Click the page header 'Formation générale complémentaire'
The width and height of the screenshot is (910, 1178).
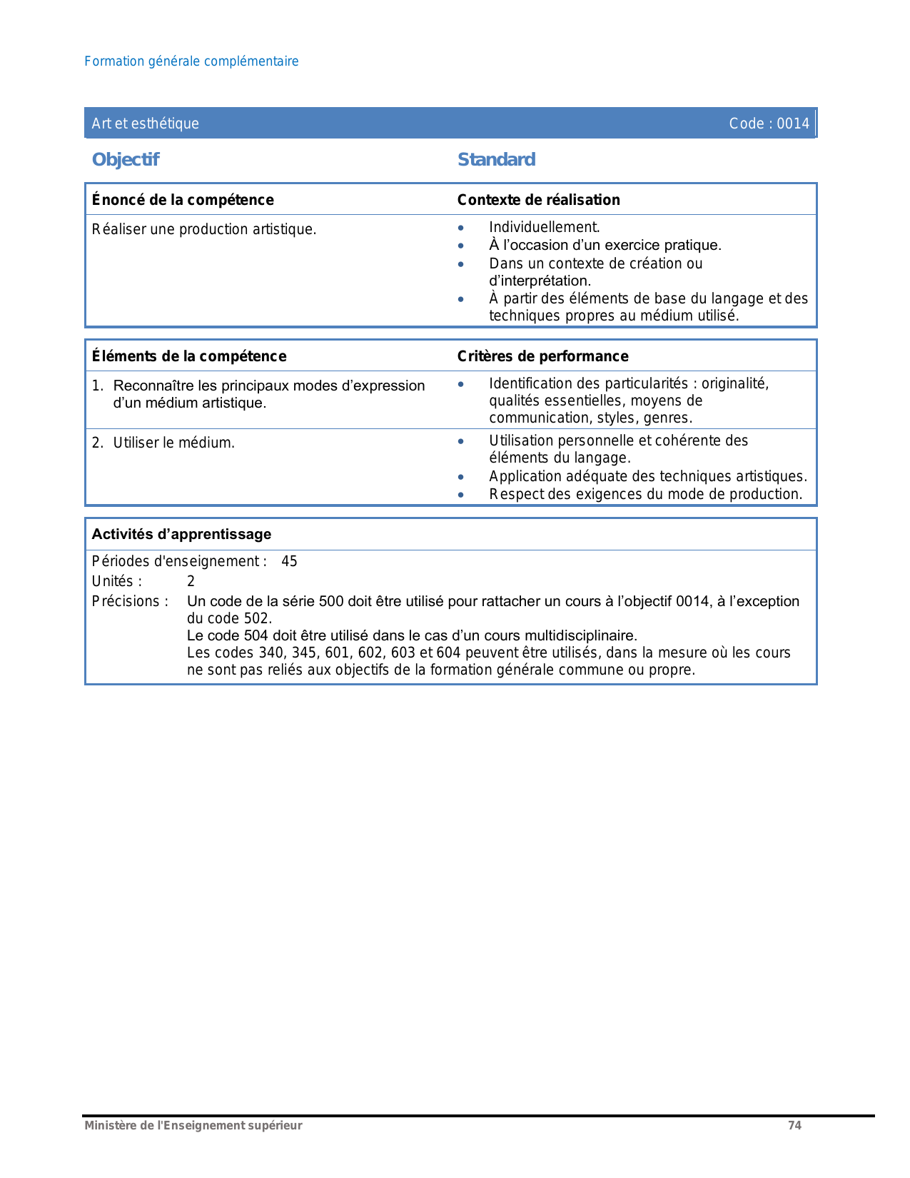191,61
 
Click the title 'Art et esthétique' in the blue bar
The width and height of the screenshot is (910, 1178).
145,124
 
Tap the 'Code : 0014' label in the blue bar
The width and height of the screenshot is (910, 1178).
769,124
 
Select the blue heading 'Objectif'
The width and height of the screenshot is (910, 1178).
126,159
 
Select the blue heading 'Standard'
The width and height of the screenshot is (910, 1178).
496,159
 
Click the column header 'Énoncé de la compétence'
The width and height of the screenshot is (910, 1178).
183,200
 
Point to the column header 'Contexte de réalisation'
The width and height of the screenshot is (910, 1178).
538,200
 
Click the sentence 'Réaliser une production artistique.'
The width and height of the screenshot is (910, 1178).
204,229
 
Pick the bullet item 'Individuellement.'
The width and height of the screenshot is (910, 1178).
544,227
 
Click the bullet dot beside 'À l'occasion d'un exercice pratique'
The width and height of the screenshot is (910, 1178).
461,246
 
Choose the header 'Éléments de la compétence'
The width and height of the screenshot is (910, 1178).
189,356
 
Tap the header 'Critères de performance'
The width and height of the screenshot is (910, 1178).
542,356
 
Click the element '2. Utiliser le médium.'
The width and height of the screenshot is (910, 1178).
163,443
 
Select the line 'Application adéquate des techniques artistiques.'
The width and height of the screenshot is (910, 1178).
648,476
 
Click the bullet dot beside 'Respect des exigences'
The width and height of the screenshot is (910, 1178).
461,495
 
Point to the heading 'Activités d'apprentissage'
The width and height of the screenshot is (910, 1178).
181,534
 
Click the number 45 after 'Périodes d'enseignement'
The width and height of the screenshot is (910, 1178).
289,561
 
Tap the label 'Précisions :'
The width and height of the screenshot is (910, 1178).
130,601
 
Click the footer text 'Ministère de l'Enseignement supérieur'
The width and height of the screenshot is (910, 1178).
193,1126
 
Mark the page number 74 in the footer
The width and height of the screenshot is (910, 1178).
794,1126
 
